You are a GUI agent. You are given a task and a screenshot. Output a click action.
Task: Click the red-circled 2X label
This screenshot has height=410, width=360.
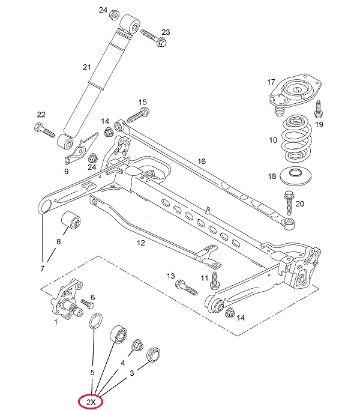point(91,402)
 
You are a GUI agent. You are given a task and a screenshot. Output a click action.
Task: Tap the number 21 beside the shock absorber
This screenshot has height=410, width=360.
point(87,67)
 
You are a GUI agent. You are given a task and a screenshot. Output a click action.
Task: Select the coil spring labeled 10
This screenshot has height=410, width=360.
point(296,139)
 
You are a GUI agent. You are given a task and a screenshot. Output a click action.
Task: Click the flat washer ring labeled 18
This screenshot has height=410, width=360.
point(296,175)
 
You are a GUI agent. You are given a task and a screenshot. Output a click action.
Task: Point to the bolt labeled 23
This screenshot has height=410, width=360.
point(154,38)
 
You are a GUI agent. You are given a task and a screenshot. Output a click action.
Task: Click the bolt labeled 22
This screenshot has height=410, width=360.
point(44,130)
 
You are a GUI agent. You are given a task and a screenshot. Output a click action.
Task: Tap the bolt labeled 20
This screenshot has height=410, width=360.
point(289,203)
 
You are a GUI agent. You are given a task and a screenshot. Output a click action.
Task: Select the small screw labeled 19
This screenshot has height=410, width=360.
point(319,109)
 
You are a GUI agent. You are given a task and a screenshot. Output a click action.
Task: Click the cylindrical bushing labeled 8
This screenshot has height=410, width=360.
point(71,221)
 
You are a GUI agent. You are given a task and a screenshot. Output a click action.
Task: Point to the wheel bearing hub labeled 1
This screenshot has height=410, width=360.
point(67,299)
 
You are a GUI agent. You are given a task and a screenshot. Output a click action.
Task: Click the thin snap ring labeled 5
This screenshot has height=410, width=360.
point(96,321)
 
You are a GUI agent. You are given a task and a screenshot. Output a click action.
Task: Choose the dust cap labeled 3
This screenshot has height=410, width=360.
point(154,355)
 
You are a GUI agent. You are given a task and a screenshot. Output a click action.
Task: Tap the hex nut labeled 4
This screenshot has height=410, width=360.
point(137,345)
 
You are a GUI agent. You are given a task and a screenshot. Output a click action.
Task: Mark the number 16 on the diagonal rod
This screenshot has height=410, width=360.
point(202,161)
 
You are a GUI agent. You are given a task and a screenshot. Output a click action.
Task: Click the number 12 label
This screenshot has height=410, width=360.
point(140,243)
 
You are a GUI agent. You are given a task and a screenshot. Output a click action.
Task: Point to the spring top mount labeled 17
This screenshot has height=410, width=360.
point(295,94)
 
